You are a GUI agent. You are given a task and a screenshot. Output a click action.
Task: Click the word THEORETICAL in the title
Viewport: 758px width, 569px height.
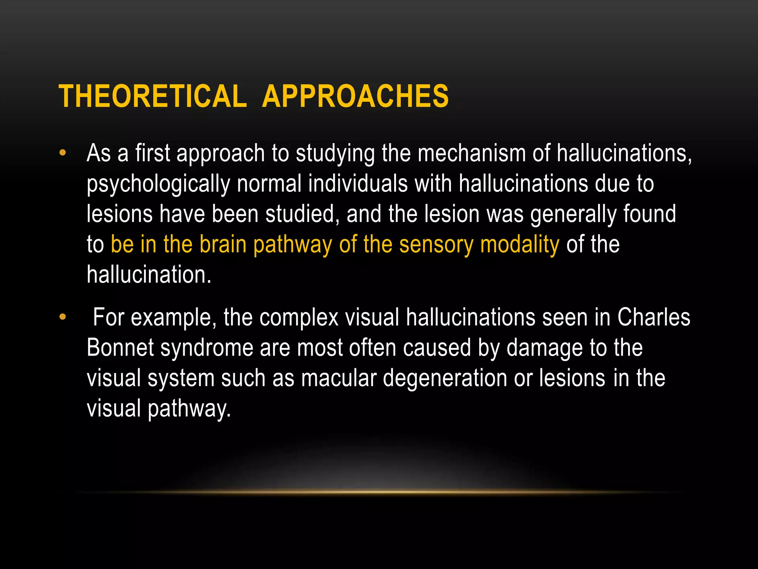click(x=152, y=96)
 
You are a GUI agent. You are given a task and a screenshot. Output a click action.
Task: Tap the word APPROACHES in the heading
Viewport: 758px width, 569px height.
click(x=355, y=96)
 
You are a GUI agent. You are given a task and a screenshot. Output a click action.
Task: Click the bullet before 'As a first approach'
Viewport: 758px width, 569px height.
click(x=63, y=153)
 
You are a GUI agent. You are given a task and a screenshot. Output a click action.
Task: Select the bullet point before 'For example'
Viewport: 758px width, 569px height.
click(x=63, y=317)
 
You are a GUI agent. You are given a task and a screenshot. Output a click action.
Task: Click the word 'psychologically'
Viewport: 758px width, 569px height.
click(x=158, y=184)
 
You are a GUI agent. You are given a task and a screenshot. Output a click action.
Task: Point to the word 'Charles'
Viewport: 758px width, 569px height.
click(x=654, y=317)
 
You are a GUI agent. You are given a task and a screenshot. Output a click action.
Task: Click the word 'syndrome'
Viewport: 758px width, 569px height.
click(x=207, y=349)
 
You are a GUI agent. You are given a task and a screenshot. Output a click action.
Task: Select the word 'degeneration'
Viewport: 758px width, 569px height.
click(x=445, y=379)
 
